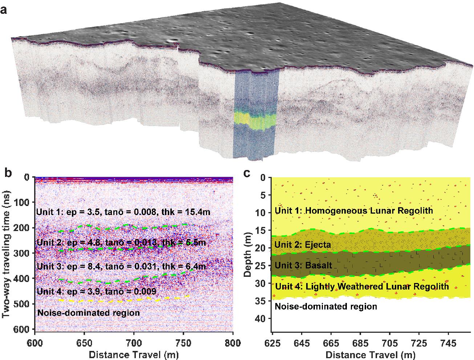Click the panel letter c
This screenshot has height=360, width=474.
coord(247,173)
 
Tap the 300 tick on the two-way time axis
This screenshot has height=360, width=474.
coord(24,253)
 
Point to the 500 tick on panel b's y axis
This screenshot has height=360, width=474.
coord(24,303)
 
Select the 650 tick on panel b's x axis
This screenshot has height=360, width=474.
coord(84,338)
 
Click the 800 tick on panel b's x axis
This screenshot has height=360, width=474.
coord(232,338)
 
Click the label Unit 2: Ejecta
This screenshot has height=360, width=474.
coord(303,245)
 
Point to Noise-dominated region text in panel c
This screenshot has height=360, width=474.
coord(326,307)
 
